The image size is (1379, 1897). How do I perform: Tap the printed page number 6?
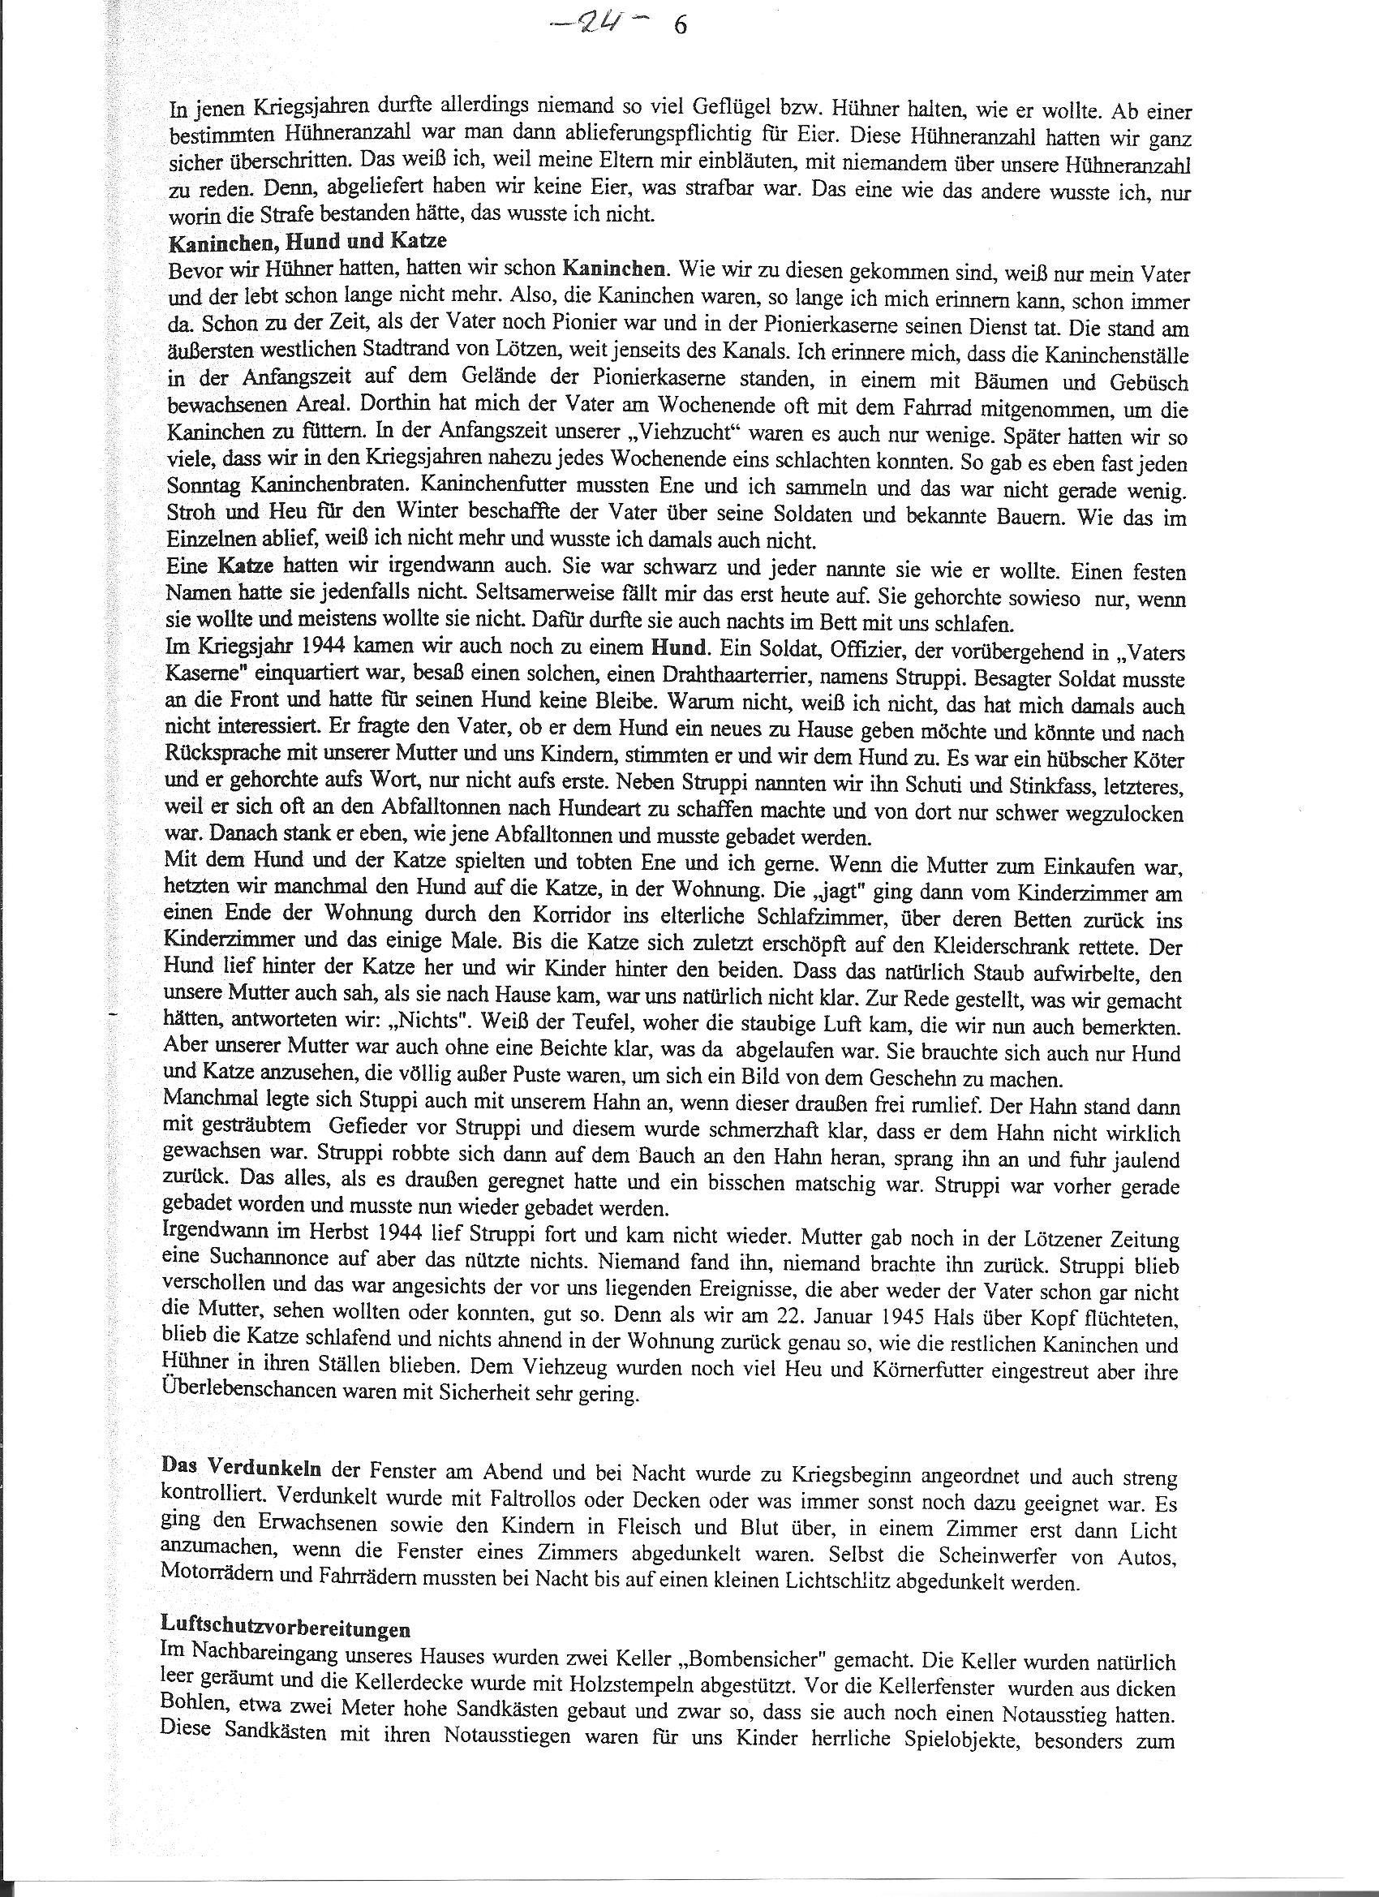(679, 27)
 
